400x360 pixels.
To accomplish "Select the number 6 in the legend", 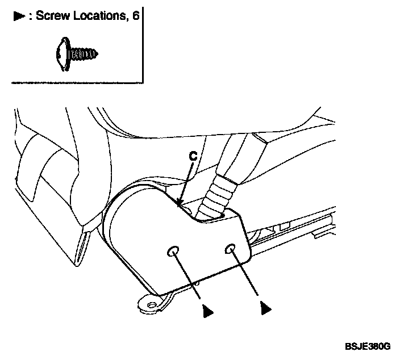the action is click(x=136, y=16).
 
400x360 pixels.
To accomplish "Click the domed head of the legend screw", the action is click(x=63, y=55).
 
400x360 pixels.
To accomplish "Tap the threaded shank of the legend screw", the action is click(x=87, y=55).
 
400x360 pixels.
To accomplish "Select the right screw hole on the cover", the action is click(x=231, y=248).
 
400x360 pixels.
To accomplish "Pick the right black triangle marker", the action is click(x=264, y=308).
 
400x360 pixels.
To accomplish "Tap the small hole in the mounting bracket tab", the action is click(x=151, y=305).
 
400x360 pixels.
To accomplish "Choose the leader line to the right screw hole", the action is click(x=245, y=275).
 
